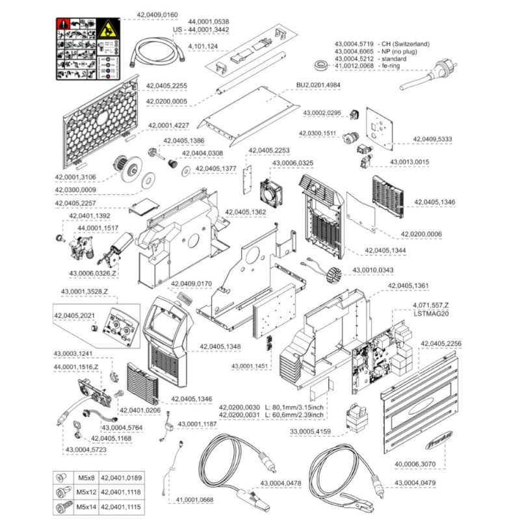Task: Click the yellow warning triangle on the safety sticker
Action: tap(106, 29)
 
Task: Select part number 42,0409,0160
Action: tap(156, 13)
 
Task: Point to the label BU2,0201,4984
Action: tap(318, 85)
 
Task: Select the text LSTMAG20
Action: tap(432, 313)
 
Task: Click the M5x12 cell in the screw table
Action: tap(86, 493)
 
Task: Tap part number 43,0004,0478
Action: tap(281, 483)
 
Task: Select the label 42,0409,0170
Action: tap(191, 283)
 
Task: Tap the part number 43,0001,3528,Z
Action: tap(85, 291)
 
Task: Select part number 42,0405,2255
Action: tap(166, 85)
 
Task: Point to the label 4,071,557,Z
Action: tap(430, 305)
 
